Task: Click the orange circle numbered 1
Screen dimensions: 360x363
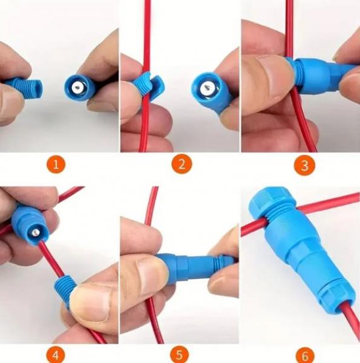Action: pyautogui.click(x=56, y=165)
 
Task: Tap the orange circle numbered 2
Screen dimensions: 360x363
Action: pyautogui.click(x=182, y=164)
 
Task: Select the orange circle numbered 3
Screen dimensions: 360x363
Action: pyautogui.click(x=304, y=165)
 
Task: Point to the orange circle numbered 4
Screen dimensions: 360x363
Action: pyautogui.click(x=56, y=355)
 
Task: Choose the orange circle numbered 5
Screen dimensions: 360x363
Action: pyautogui.click(x=180, y=355)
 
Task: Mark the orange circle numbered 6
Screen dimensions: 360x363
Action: pyautogui.click(x=305, y=355)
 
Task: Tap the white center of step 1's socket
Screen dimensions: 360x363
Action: pyautogui.click(x=77, y=88)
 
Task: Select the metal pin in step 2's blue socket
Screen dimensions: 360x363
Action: pyautogui.click(x=208, y=88)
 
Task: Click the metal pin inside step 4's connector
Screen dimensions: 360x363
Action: pyautogui.click(x=34, y=232)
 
